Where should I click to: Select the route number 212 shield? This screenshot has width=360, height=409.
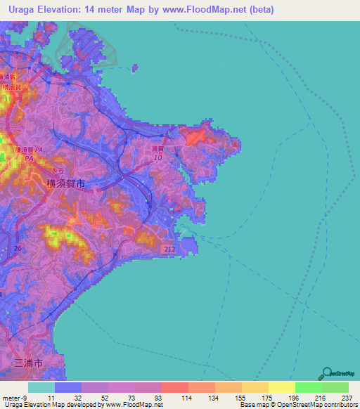[x=168, y=249]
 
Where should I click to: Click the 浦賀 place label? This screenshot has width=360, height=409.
[x=157, y=149]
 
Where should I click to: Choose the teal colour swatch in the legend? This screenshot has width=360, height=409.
[x=41, y=387]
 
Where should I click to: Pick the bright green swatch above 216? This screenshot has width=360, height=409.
[x=308, y=387]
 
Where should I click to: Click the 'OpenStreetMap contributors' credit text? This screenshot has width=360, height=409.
[x=321, y=405]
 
